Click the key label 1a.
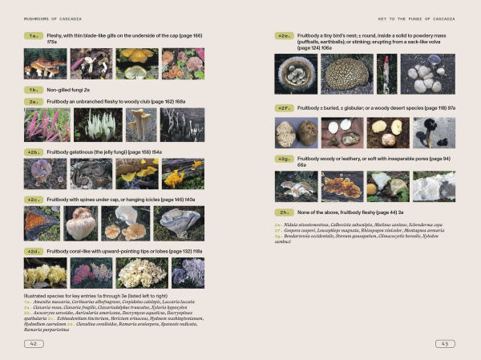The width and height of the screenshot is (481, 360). (34, 36)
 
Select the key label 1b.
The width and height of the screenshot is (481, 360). (34, 91)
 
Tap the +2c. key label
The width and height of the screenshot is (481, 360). (34, 200)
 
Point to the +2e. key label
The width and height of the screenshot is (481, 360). (283, 36)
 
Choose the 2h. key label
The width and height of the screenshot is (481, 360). (283, 212)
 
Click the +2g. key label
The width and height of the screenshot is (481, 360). (283, 160)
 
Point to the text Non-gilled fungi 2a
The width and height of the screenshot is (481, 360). (69, 91)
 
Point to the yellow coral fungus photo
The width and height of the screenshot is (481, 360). (46, 273)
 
